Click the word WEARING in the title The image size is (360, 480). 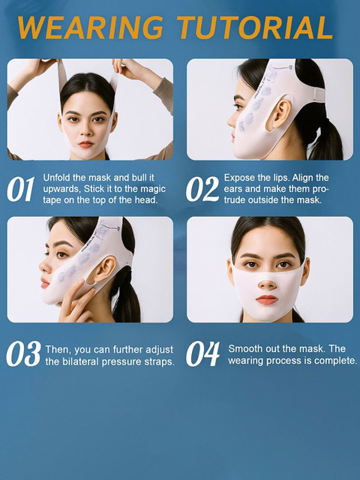(90, 27)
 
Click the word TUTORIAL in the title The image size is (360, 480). (255, 27)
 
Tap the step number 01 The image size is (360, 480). (20, 190)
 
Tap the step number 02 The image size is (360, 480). (202, 190)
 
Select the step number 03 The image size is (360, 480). (23, 354)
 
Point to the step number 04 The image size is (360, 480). (202, 354)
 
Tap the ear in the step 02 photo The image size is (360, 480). (280, 113)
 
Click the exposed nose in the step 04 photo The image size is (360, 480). (268, 283)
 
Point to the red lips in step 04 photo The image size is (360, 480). (267, 300)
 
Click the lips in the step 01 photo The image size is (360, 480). (86, 144)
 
